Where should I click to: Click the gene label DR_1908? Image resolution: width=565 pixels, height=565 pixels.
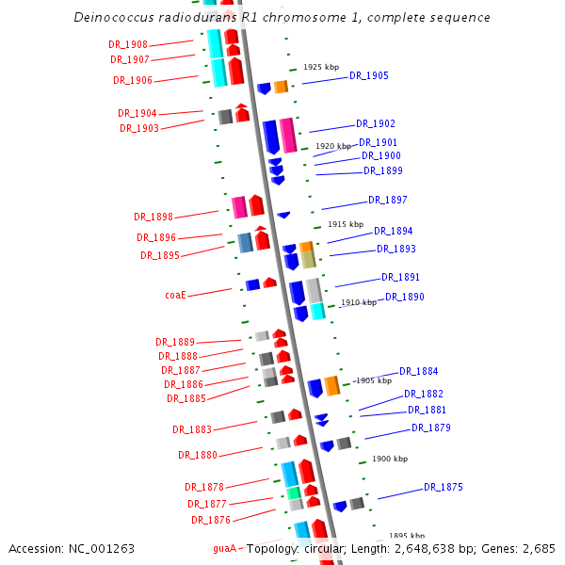[128, 45]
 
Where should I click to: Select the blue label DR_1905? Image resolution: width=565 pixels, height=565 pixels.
[368, 75]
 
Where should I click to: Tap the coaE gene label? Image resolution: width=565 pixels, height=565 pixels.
[175, 295]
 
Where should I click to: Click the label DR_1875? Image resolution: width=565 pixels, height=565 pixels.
[443, 487]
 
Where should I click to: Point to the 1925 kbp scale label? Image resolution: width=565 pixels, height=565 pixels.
[320, 67]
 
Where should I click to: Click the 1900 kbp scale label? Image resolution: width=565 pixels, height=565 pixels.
[389, 459]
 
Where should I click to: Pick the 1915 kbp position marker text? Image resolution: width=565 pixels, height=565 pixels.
[345, 224]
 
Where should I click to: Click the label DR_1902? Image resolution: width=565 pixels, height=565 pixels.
[375, 123]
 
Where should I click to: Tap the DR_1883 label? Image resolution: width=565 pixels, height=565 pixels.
[191, 429]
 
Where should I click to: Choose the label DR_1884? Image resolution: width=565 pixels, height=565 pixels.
[418, 371]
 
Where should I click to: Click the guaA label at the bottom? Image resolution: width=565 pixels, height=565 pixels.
[224, 547]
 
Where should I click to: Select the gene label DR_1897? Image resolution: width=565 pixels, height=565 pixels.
[387, 200]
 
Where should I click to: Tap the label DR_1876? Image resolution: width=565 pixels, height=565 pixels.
[210, 520]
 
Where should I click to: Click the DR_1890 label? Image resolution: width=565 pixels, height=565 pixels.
[404, 297]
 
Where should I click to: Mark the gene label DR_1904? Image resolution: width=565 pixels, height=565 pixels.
[137, 113]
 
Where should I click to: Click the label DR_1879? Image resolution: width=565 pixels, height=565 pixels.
[430, 428]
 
